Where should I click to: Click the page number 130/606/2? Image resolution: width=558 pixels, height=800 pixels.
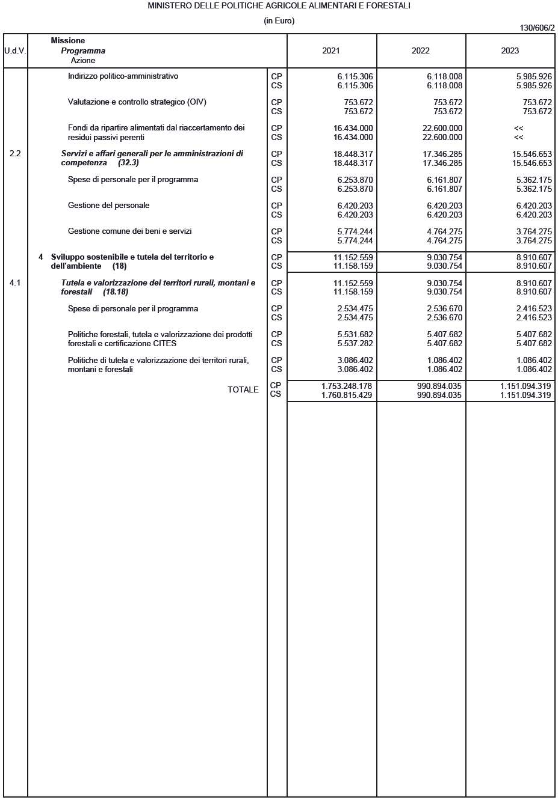pyautogui.click(x=537, y=28)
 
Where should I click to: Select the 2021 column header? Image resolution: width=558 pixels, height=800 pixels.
pyautogui.click(x=331, y=51)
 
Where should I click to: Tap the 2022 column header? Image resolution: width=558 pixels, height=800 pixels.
pyautogui.click(x=421, y=51)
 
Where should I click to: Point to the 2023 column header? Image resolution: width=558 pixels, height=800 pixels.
pyautogui.click(x=510, y=51)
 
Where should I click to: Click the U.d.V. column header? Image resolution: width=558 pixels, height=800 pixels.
pyautogui.click(x=15, y=51)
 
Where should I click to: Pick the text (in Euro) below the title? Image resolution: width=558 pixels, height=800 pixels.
pyautogui.click(x=279, y=21)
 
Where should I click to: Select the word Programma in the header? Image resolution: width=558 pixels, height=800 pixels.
pyautogui.click(x=83, y=51)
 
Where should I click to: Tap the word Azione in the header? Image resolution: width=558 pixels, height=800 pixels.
pyautogui.click(x=83, y=61)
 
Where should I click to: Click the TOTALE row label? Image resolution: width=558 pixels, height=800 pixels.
pyautogui.click(x=243, y=390)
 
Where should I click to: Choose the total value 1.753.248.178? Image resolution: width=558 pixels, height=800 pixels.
pyautogui.click(x=347, y=386)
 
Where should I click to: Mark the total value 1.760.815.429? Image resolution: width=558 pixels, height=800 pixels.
pyautogui.click(x=347, y=395)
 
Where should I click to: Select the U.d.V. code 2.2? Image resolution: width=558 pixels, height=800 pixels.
pyautogui.click(x=15, y=154)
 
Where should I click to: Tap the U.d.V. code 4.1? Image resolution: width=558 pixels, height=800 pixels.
pyautogui.click(x=15, y=283)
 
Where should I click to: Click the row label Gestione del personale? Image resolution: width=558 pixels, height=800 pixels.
pyautogui.click(x=108, y=206)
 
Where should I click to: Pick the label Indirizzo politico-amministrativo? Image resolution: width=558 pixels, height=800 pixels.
pyautogui.click(x=123, y=76)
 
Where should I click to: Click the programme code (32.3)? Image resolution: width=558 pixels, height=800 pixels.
pyautogui.click(x=128, y=163)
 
